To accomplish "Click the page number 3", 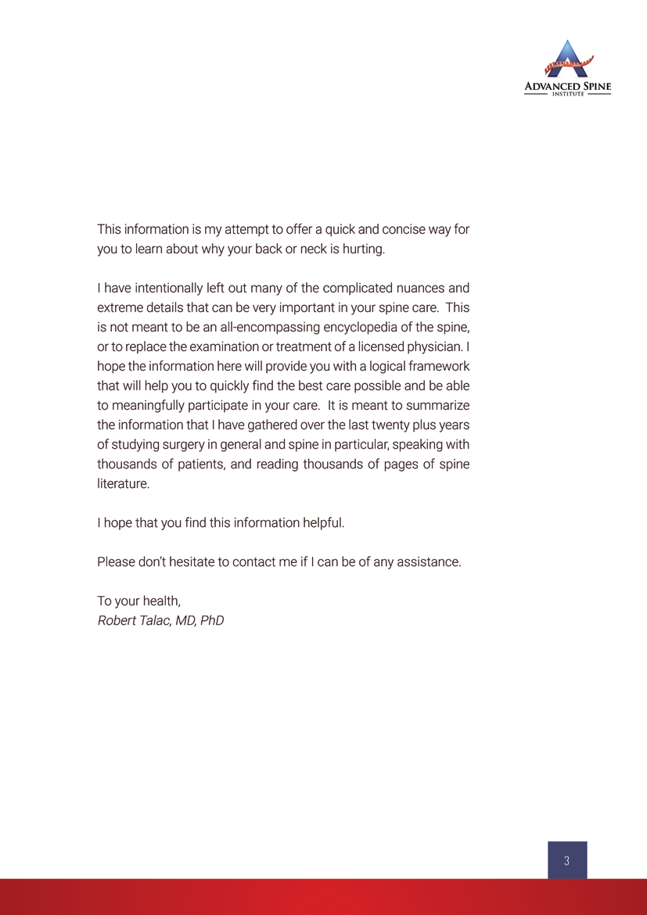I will tap(566, 861).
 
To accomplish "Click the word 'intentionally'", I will tap(170, 288).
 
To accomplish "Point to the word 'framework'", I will tap(430, 367).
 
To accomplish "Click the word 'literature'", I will tap(122, 484).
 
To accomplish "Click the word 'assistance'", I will tap(428, 562).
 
